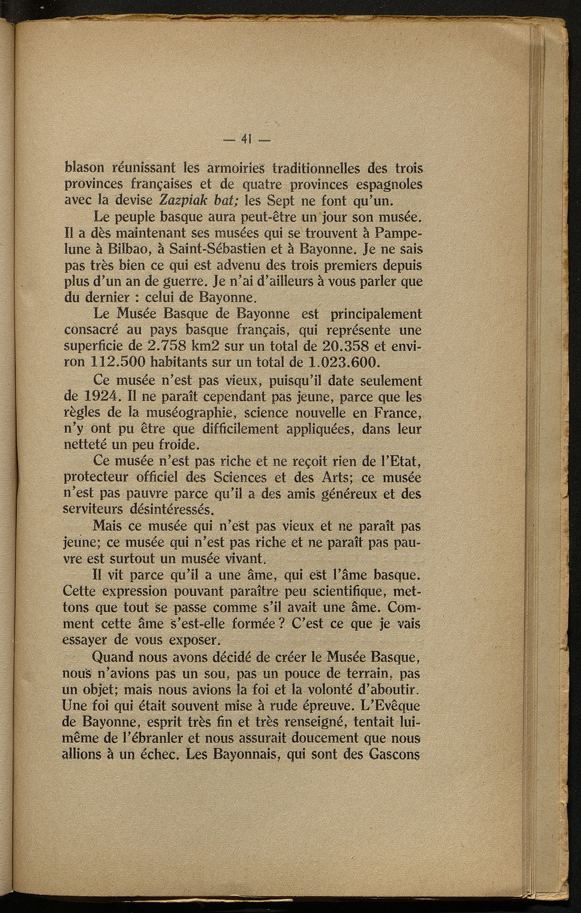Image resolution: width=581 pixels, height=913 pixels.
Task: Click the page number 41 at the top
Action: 246,139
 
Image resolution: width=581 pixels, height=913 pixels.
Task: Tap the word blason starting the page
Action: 86,168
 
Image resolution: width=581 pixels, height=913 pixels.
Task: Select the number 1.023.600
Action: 343,361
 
